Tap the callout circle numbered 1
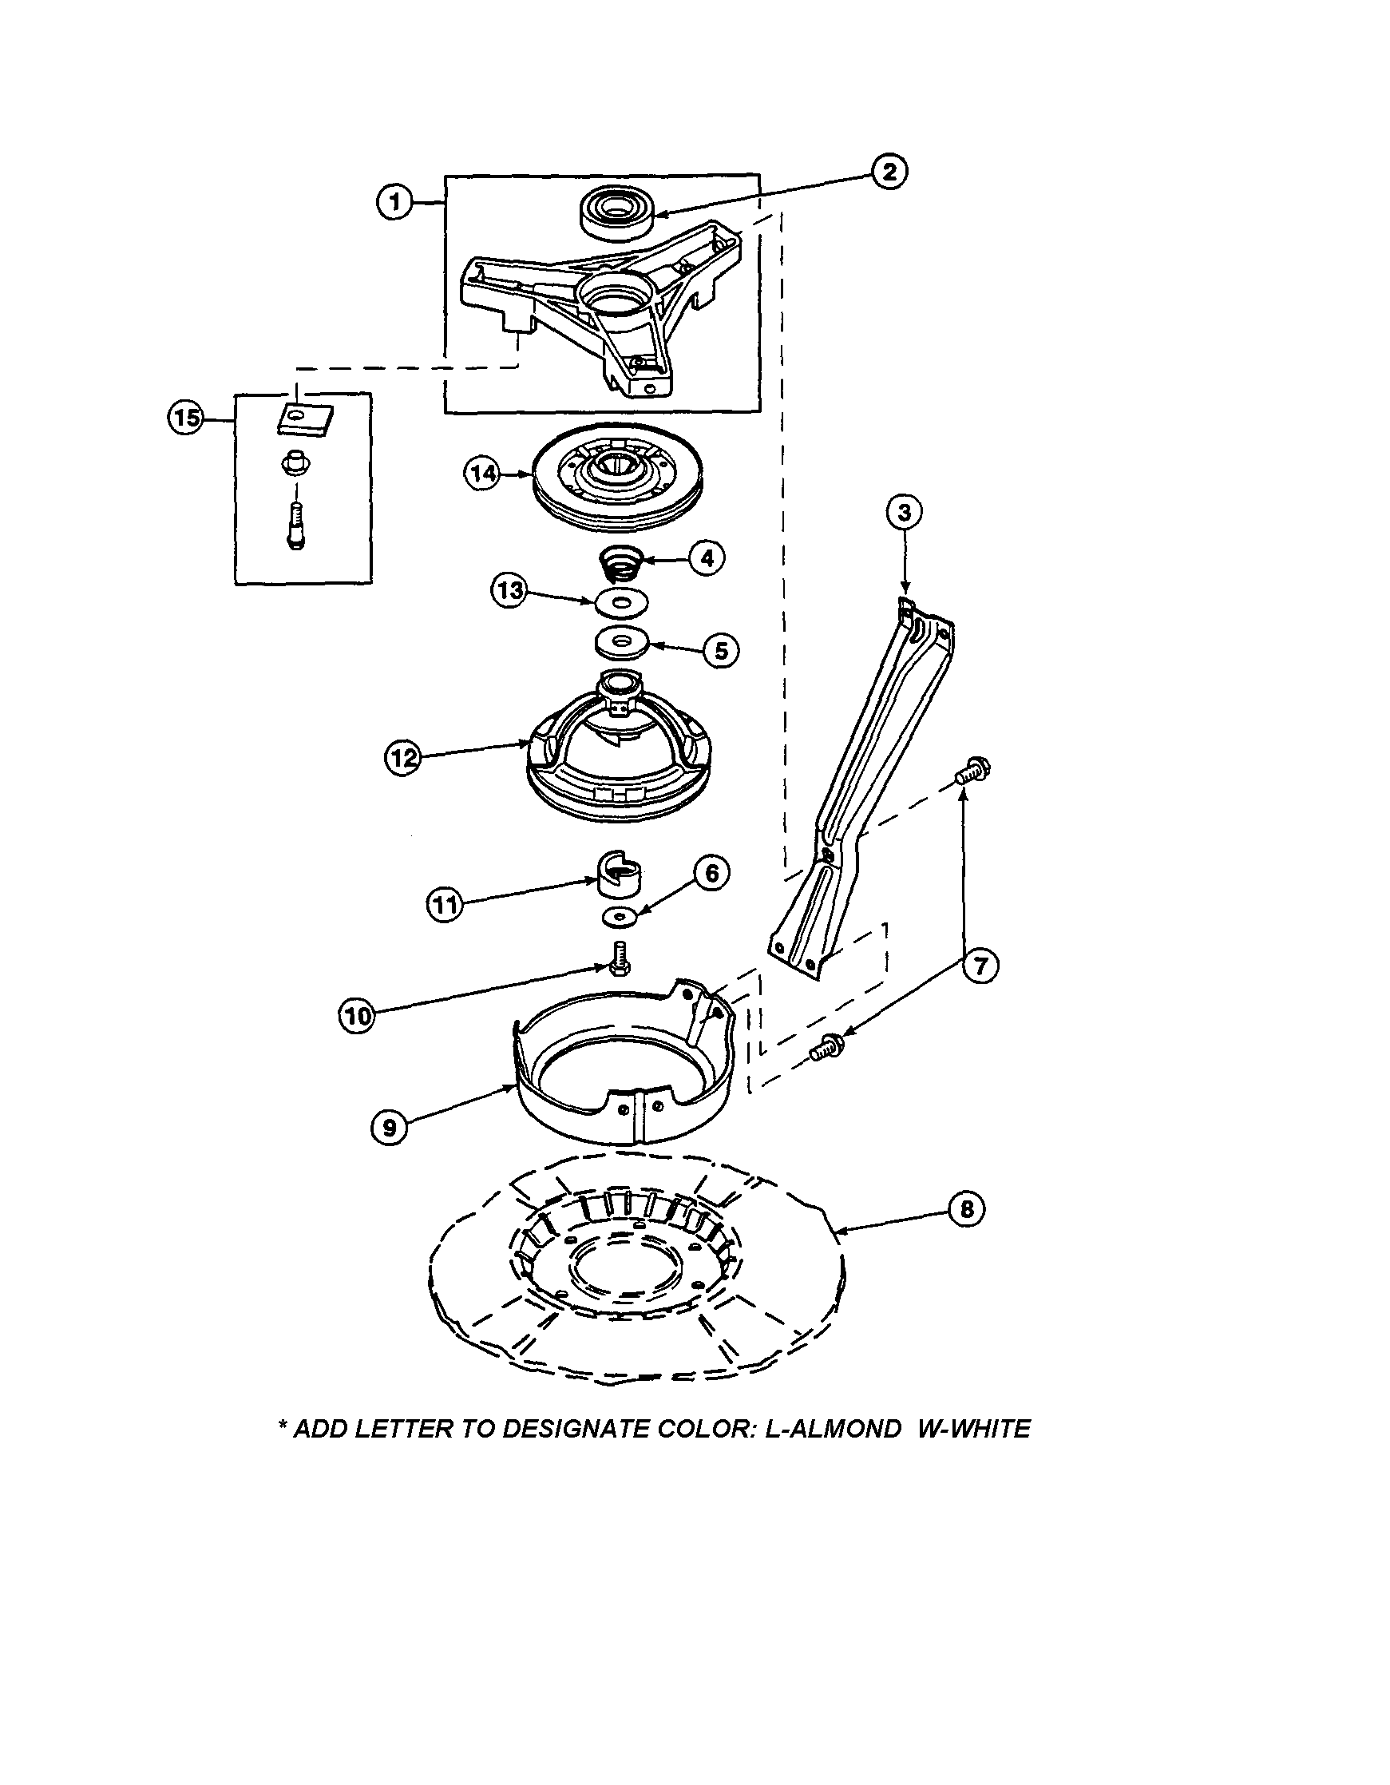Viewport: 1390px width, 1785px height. tap(394, 201)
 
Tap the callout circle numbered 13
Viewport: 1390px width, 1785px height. tap(509, 590)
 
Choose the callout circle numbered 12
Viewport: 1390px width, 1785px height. tap(402, 759)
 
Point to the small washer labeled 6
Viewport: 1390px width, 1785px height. tap(621, 918)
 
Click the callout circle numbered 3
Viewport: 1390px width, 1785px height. tap(904, 513)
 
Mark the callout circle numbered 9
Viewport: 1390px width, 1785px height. tap(389, 1128)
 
